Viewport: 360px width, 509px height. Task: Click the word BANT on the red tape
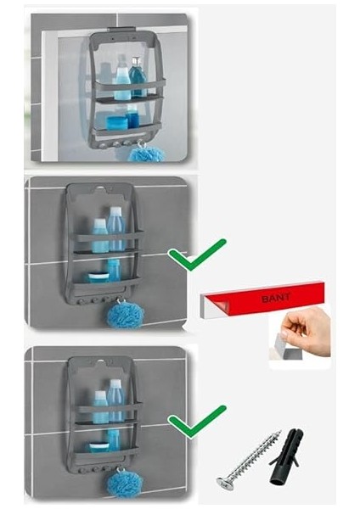click(x=275, y=298)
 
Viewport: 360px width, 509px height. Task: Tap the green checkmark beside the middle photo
click(x=197, y=255)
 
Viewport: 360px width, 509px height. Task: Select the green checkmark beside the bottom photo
click(x=197, y=421)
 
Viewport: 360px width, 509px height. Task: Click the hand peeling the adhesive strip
click(x=307, y=332)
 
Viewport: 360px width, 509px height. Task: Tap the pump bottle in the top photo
click(x=137, y=77)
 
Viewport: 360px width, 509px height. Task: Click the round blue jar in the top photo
click(x=116, y=123)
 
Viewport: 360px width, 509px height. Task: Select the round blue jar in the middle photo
click(x=98, y=277)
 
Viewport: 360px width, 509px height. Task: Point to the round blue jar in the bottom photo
click(x=99, y=447)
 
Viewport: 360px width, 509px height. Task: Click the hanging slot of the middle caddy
click(x=102, y=188)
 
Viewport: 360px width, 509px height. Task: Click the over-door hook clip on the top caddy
click(x=122, y=30)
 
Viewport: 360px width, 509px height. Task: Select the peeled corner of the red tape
click(x=221, y=305)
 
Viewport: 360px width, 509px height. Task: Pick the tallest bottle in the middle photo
click(x=116, y=230)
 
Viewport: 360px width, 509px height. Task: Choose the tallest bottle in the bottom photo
click(x=116, y=401)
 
